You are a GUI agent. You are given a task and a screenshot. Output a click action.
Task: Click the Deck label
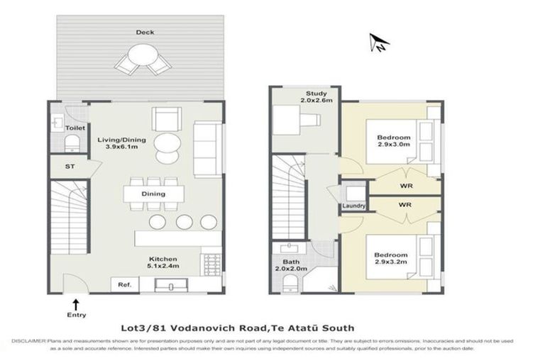pyautogui.click(x=141, y=32)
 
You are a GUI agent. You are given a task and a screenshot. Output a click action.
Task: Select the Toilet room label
pyautogui.click(x=75, y=128)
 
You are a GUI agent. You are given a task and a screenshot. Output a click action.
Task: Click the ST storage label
pyautogui.click(x=69, y=167)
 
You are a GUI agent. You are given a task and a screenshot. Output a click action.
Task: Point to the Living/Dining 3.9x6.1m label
pyautogui.click(x=121, y=144)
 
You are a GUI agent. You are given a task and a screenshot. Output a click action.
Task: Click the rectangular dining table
pyautogui.click(x=153, y=194)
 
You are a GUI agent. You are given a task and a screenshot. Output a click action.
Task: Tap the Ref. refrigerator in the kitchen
pyautogui.click(x=124, y=285)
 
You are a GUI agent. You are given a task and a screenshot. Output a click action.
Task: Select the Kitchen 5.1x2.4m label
pyautogui.click(x=163, y=263)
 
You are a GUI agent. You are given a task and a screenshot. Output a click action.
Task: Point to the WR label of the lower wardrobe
pyautogui.click(x=406, y=205)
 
